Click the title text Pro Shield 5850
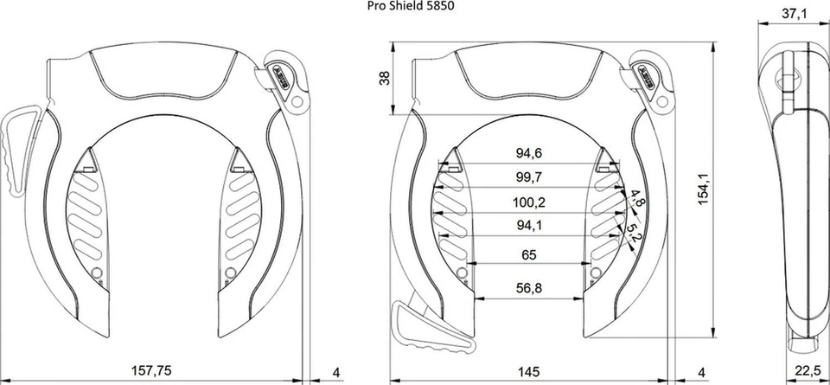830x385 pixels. tap(411, 6)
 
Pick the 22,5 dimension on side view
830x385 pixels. tap(808, 373)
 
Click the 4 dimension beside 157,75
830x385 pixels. tap(337, 373)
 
